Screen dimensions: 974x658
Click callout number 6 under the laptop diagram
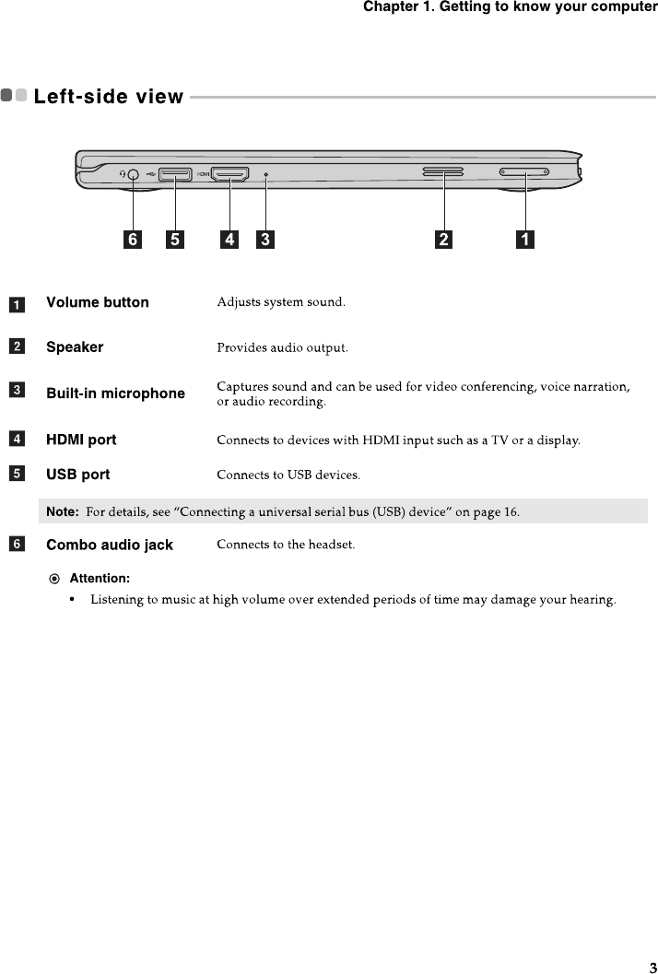point(134,241)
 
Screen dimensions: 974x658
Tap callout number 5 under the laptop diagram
point(173,241)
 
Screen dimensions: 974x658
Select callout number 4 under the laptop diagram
point(229,241)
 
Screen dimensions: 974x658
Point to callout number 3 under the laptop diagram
point(265,241)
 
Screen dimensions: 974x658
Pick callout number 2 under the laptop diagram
point(444,241)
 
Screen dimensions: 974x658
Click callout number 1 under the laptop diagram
point(524,241)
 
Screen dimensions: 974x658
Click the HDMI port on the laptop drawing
point(229,173)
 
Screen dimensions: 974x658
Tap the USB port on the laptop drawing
point(174,173)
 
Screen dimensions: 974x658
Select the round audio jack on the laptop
point(134,173)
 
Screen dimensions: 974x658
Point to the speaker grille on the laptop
point(443,171)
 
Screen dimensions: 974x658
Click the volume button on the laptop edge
point(523,171)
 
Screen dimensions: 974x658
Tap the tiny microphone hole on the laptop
point(266,173)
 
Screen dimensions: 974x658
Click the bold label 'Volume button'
point(98,302)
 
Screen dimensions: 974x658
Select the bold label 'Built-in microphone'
point(116,393)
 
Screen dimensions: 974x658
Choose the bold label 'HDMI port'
point(81,440)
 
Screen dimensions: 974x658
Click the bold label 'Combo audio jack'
point(110,545)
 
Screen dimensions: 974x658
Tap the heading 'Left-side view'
point(109,96)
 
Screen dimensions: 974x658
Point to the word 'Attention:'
point(100,578)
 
